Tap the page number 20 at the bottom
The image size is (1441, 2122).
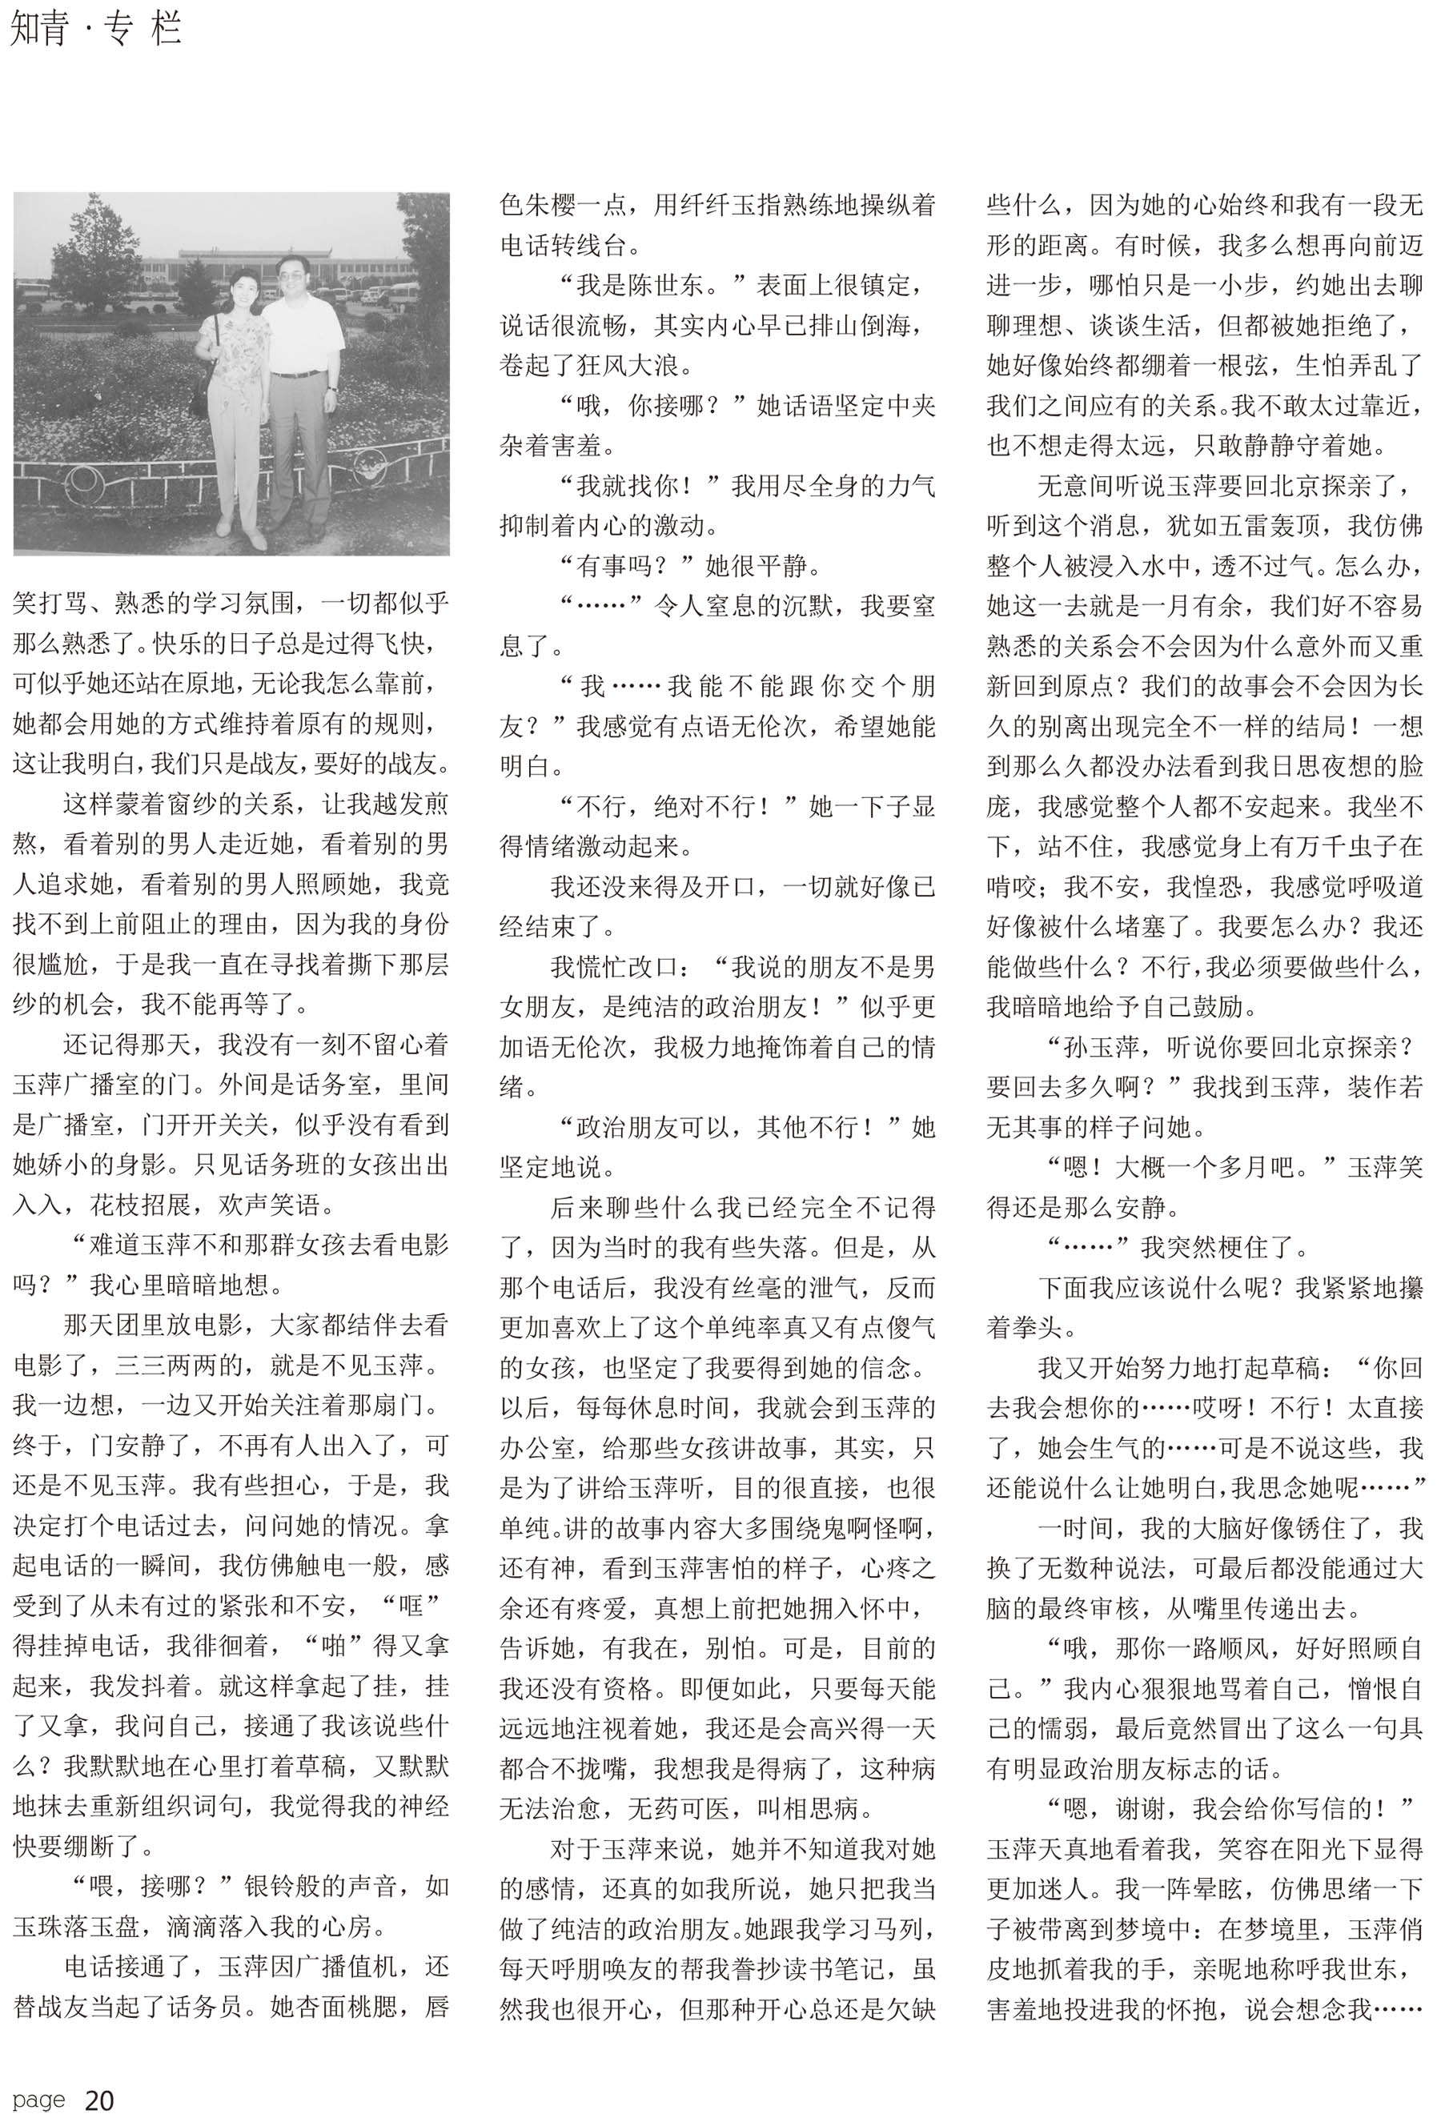point(98,2100)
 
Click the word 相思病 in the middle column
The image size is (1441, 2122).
point(821,1808)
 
